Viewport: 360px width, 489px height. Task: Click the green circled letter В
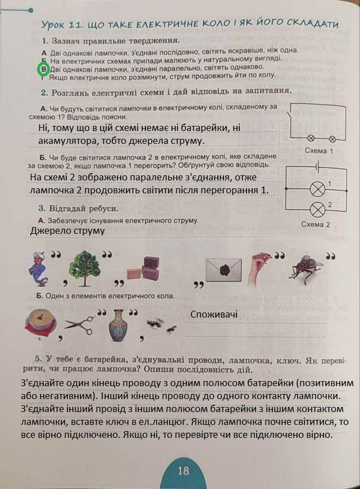[x=43, y=69]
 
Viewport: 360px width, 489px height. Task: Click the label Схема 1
[x=318, y=151]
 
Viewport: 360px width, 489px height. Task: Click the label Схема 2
[x=315, y=224]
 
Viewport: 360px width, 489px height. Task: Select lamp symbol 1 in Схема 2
[x=318, y=188]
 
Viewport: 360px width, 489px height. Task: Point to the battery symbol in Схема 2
[x=317, y=167]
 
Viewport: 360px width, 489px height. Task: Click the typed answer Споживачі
[x=214, y=315]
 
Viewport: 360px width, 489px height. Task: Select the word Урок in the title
[x=57, y=25]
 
